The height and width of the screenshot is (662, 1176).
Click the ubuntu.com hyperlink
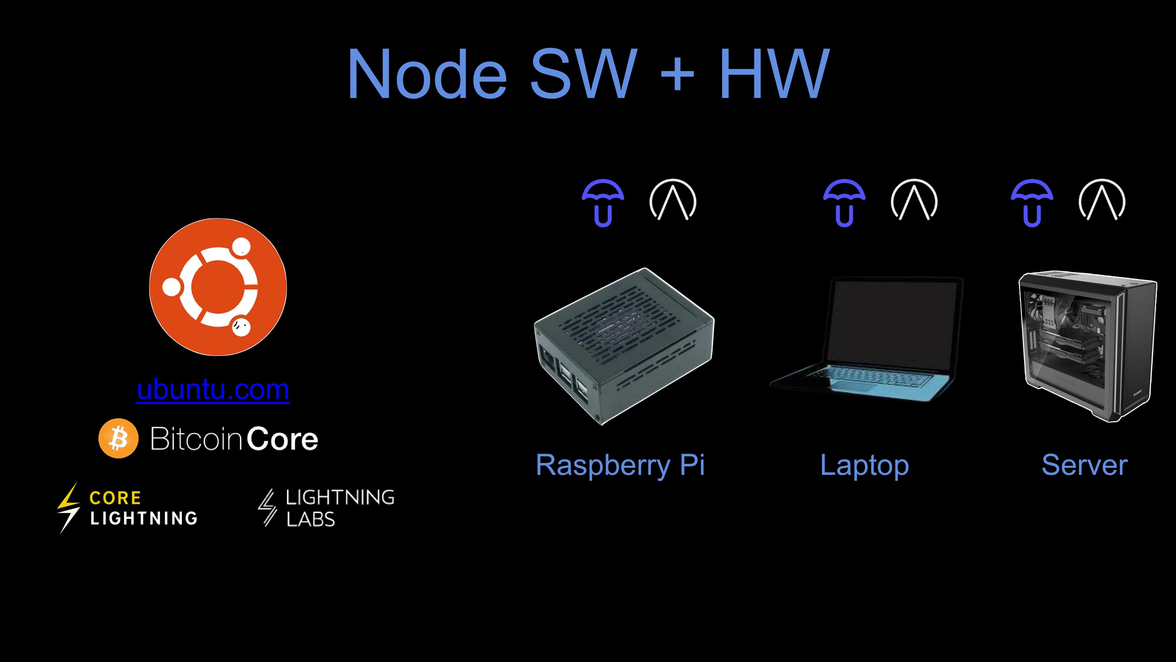213,390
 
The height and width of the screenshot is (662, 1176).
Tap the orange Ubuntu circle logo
218,287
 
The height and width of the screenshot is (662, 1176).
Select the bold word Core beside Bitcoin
282,439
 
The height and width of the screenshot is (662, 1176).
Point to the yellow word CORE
115,498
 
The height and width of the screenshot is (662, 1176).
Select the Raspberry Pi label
620,465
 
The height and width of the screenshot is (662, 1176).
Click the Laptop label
864,465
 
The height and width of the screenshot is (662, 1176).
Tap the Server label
1084,465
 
